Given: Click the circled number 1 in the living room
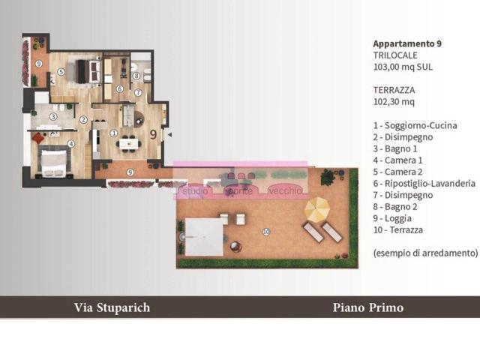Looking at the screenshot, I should point(114,133).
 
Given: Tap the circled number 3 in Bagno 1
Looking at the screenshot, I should point(54,116).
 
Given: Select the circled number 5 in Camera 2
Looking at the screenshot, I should point(60,72).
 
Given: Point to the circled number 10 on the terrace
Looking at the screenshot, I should point(266,232).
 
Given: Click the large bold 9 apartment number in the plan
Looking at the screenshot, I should point(154,135).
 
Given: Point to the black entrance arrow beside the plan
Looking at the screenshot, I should point(169,135).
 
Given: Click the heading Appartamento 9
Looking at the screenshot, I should point(406,43).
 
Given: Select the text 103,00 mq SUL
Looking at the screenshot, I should point(403,67).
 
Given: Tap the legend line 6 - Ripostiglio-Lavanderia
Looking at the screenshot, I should point(424,184).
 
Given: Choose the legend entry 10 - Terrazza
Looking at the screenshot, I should point(400,232).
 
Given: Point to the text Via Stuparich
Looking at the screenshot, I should point(112,307).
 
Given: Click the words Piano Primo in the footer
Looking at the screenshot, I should point(367,307).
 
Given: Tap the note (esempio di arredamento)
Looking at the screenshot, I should point(424,253).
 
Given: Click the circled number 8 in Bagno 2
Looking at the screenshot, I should point(136,76).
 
